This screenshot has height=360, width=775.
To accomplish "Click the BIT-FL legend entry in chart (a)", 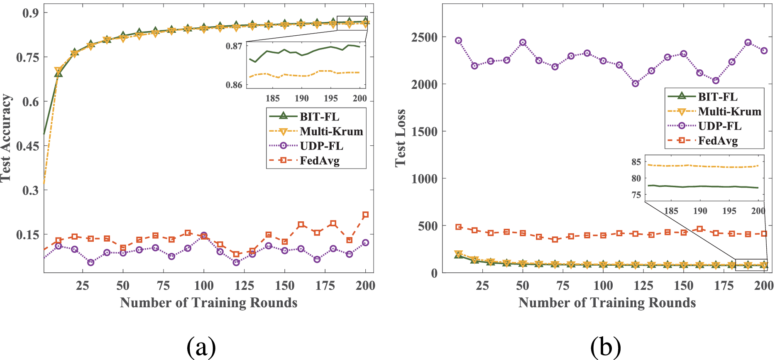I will (319, 117).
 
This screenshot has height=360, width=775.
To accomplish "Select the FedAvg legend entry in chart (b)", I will (718, 141).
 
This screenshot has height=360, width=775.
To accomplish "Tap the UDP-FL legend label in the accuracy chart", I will (321, 146).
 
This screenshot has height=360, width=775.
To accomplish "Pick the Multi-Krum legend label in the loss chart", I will (729, 112).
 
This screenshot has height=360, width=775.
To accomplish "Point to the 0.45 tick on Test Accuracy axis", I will (27, 146).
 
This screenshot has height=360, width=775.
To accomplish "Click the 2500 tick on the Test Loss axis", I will (424, 37).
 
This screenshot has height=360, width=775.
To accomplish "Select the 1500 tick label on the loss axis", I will (424, 132).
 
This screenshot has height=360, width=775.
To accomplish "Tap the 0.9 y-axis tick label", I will (31, 13).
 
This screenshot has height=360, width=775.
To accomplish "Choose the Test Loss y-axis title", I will (401, 138).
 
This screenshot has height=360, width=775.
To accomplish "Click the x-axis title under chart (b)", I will (607, 303).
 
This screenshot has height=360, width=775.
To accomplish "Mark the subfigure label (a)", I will (201, 346).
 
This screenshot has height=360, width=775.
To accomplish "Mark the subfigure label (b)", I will (606, 346).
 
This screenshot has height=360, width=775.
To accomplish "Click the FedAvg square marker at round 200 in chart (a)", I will (365, 215).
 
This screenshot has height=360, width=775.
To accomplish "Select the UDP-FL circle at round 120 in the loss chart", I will (635, 83).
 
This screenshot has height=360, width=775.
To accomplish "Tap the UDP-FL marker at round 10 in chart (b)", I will (458, 41).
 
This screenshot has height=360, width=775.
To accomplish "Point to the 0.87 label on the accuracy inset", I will (234, 46).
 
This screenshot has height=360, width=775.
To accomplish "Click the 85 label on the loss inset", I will (636, 162).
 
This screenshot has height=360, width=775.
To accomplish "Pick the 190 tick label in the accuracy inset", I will (302, 98).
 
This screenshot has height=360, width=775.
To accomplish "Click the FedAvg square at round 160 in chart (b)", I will (700, 229).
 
